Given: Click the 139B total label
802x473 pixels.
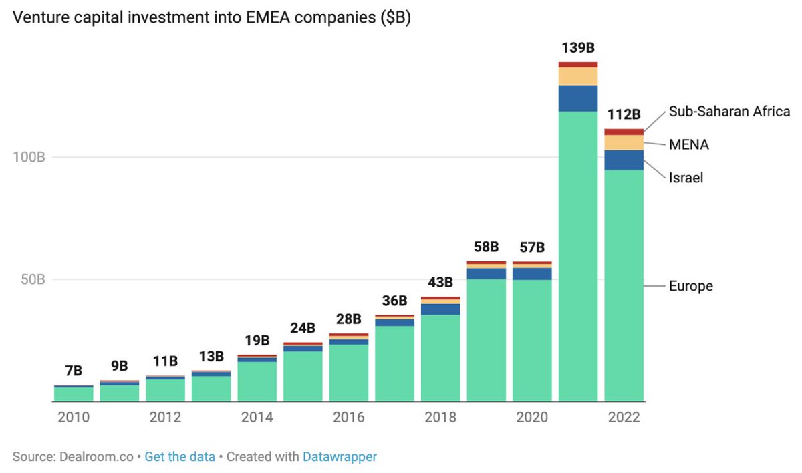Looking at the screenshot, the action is tap(578, 48).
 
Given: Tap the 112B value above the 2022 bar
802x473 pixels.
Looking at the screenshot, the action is tap(624, 114).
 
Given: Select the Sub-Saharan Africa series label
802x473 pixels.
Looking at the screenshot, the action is tap(729, 112).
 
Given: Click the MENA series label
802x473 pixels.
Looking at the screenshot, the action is tap(689, 144).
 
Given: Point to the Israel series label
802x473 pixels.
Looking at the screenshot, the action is tap(686, 178).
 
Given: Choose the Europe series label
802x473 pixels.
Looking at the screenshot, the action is tap(691, 286).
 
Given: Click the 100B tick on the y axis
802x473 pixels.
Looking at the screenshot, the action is tap(29, 157).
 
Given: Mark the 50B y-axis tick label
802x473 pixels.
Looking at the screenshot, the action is tap(33, 279).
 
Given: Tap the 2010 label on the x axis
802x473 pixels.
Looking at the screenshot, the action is tap(74, 417).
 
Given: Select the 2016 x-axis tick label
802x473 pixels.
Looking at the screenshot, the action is tap(348, 417).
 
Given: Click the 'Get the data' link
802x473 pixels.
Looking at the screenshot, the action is tap(180, 457).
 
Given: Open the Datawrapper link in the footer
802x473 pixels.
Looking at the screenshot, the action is tap(340, 457).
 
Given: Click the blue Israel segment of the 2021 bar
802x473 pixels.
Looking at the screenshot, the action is tap(578, 98).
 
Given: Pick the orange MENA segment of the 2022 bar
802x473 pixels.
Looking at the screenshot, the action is tap(624, 142).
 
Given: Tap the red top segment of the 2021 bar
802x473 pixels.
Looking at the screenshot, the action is tap(578, 65).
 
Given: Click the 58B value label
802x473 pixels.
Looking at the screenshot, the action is tap(487, 247).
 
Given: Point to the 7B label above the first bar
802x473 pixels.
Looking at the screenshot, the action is tap(74, 371).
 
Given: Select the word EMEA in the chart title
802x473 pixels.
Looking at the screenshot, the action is tap(268, 17).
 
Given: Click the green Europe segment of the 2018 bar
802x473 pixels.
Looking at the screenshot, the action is tap(440, 358).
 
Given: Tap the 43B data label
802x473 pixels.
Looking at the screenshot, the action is tap(440, 283).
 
